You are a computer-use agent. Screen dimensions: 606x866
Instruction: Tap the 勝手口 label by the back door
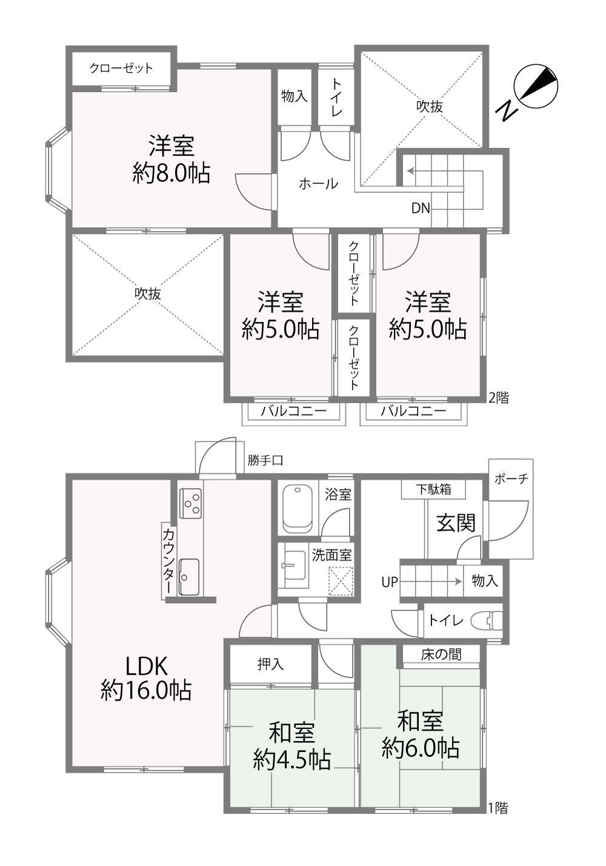[x=265, y=460]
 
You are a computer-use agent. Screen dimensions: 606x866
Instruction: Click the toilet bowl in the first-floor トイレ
[x=486, y=621]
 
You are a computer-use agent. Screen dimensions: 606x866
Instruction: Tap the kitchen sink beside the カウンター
[x=189, y=577]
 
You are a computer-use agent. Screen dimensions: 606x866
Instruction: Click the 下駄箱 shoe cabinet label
[x=434, y=489]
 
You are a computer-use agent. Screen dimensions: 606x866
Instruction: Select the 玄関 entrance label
[x=456, y=524]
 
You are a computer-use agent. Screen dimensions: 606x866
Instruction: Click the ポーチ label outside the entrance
[x=511, y=479]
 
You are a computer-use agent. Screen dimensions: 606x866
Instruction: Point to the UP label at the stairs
[x=390, y=582]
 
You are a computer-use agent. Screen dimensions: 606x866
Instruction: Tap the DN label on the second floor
[x=421, y=208]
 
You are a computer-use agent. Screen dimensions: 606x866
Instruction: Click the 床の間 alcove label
[x=441, y=654]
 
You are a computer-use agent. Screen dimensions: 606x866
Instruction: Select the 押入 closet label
[x=270, y=664]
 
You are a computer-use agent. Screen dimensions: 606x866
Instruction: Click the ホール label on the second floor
[x=319, y=184]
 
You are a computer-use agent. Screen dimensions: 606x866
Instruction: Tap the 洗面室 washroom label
[x=332, y=555]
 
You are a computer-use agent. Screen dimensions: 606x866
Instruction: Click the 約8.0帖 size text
[x=171, y=173]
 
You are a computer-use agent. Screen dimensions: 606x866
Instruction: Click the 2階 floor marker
[x=499, y=397]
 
